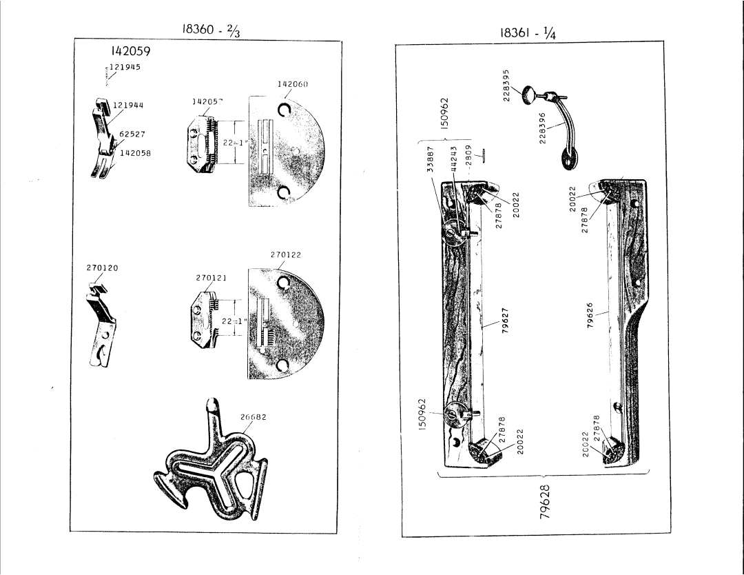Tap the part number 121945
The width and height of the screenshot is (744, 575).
pos(124,67)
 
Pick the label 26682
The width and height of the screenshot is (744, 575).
pos(253,416)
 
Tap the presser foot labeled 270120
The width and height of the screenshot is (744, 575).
pos(102,323)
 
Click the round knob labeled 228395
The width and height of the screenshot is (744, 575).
pos(529,93)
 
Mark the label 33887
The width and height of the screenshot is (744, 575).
pos(431,159)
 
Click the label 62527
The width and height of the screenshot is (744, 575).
pos(131,134)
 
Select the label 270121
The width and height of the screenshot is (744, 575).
pos(212,278)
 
